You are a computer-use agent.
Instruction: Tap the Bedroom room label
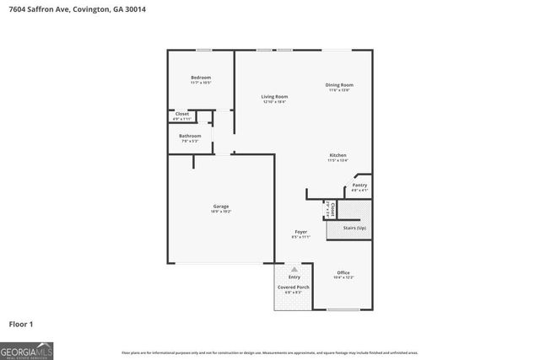point(200,78)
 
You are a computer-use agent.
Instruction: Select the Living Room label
point(274,97)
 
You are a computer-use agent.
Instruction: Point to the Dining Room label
point(339,84)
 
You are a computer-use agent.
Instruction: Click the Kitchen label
point(338,155)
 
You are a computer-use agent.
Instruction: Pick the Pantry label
point(359,185)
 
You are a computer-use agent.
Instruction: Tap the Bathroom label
point(190,136)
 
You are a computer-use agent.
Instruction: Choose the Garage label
point(221,207)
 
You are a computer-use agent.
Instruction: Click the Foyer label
point(300,232)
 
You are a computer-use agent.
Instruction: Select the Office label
point(343,272)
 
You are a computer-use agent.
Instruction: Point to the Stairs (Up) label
point(354,228)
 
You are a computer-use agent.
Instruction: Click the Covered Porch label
point(294,287)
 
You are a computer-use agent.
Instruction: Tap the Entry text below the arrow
point(294,277)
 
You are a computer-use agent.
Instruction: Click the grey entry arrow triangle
point(294,268)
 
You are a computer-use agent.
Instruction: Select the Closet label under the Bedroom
point(182,114)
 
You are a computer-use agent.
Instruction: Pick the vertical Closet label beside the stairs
point(333,208)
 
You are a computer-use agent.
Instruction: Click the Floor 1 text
point(21,324)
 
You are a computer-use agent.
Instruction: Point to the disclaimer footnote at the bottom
point(269,352)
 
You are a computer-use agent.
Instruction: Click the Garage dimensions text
point(221,212)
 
